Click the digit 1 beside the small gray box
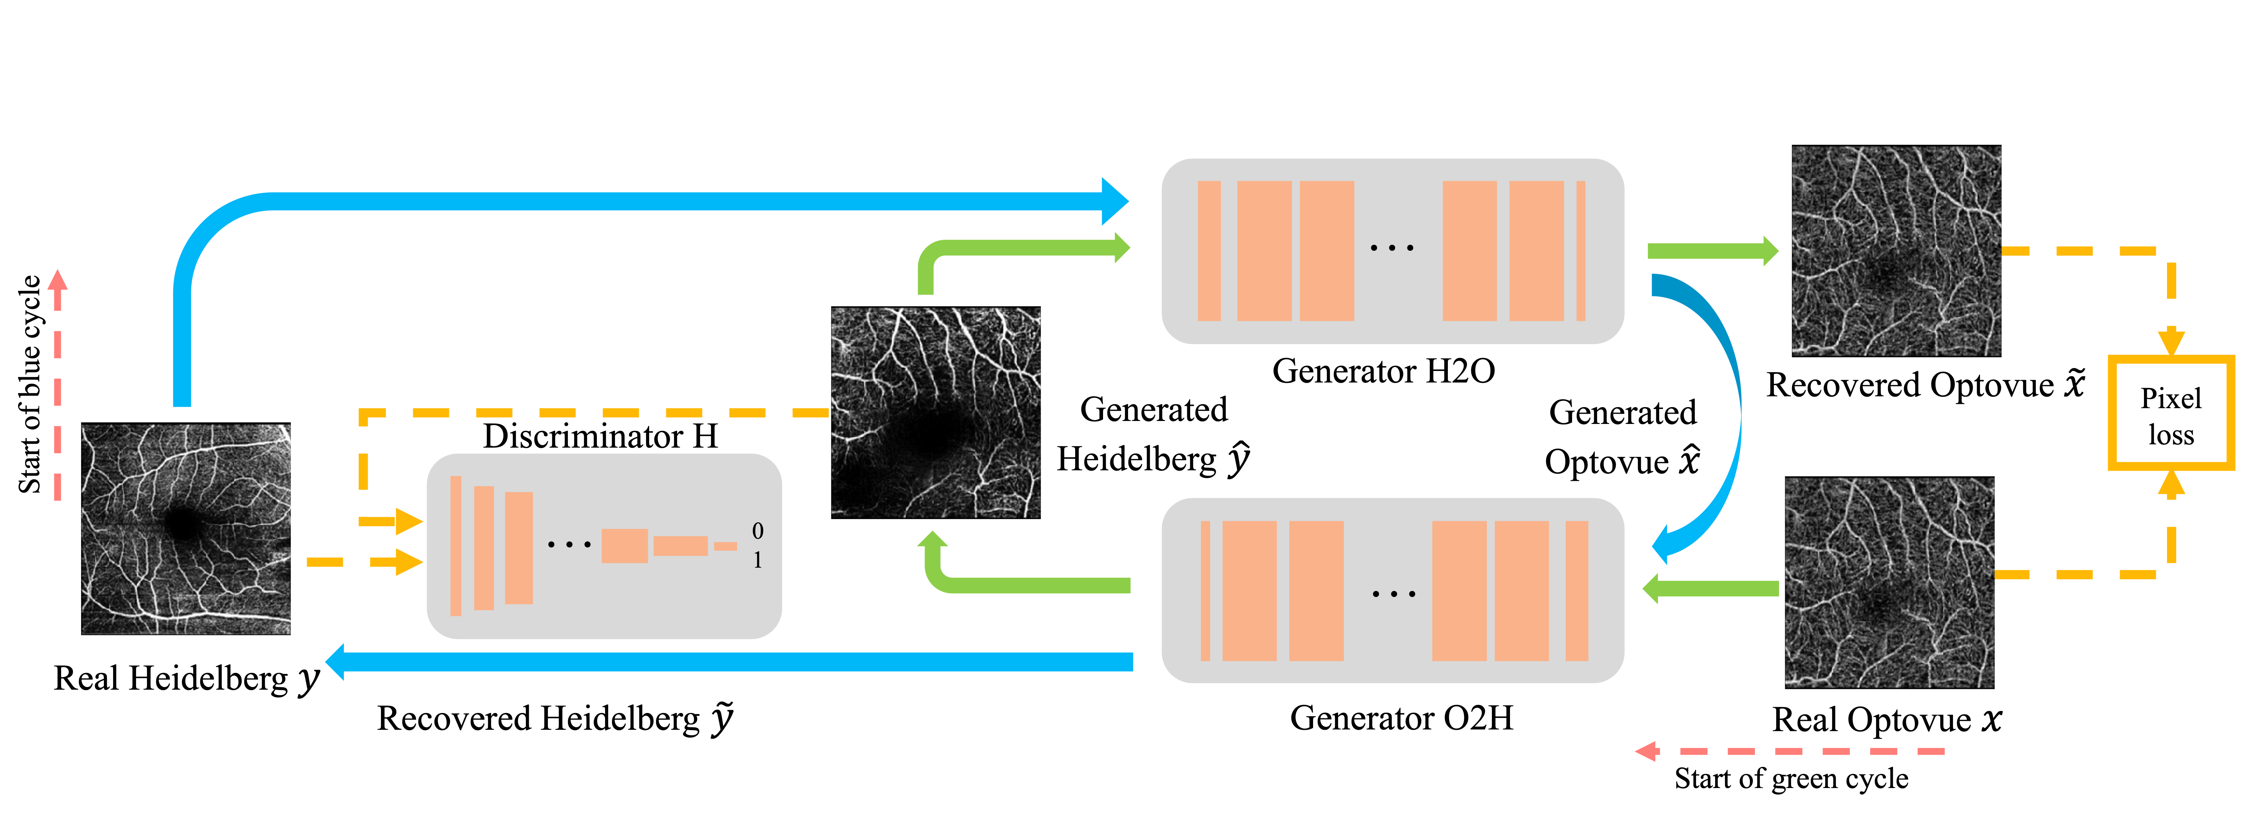pos(758,560)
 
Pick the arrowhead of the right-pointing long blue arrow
pos(1115,201)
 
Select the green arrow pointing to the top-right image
pos(1711,251)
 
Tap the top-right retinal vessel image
pos(1896,251)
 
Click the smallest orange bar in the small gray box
pos(725,546)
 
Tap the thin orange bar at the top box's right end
pos(1581,250)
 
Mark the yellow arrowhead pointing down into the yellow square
pos(2172,341)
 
